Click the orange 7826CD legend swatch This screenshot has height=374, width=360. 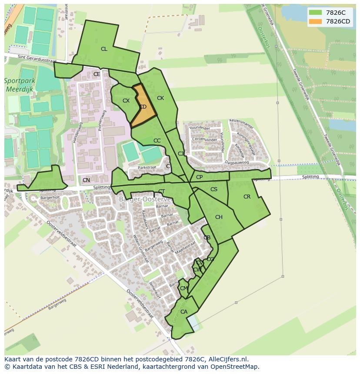[316, 21]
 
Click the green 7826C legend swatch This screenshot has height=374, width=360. [316, 13]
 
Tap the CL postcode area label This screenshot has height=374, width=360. [104, 49]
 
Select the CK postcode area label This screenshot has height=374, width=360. [160, 98]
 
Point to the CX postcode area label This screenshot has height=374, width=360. [126, 101]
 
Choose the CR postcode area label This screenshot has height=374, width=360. [247, 197]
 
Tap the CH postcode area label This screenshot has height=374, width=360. [219, 217]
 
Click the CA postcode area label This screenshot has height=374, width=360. [184, 312]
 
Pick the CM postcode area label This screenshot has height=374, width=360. [184, 288]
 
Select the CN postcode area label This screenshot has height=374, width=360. [86, 180]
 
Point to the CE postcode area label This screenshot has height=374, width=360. [97, 74]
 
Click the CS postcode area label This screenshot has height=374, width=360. [214, 189]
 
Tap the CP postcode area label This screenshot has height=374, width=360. [199, 177]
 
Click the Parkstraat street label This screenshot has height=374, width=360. [147, 167]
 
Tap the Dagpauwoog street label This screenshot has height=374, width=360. [237, 162]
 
